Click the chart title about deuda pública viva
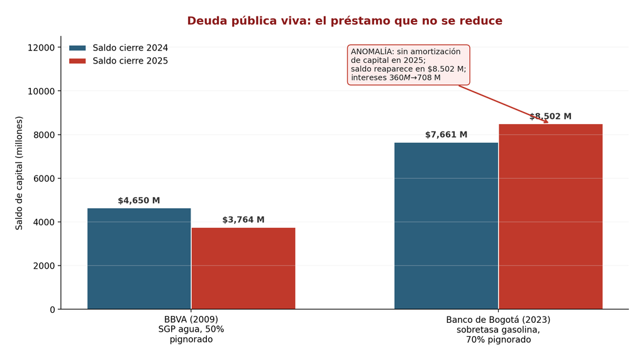[345, 21]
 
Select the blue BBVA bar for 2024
[139, 259]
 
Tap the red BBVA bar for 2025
[243, 268]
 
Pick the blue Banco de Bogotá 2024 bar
[446, 225]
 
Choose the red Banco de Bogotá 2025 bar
[551, 217]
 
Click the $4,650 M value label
[139, 201]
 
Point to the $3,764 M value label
[243, 220]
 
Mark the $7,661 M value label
[446, 135]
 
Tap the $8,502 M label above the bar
[550, 116]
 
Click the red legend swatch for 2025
[77, 61]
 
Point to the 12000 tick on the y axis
[41, 48]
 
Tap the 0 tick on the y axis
[52, 310]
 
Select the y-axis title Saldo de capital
[19, 173]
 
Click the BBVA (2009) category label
[191, 319]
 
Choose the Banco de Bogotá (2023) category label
[498, 320]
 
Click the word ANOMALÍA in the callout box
[371, 52]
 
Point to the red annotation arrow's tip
[548, 123]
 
